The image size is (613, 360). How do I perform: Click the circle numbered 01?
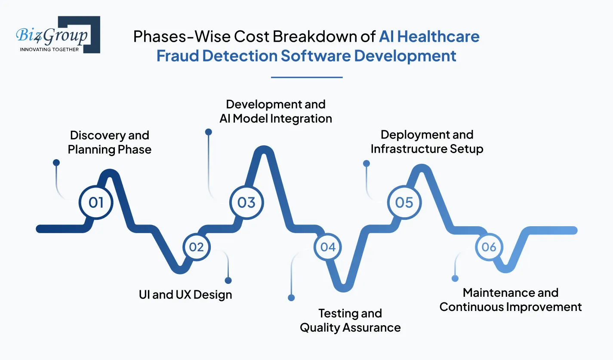click(x=96, y=202)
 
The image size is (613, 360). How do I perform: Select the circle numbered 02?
click(x=196, y=247)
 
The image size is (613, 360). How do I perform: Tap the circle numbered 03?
click(x=246, y=202)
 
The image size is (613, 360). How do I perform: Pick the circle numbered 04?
click(x=328, y=247)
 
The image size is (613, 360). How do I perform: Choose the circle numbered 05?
click(x=404, y=202)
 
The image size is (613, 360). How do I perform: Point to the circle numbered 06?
click(x=489, y=247)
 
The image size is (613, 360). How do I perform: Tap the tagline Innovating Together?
click(x=49, y=49)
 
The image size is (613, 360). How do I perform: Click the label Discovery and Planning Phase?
click(x=110, y=142)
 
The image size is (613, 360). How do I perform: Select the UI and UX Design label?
click(x=185, y=295)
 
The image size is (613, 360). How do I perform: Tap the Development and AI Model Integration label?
click(x=276, y=111)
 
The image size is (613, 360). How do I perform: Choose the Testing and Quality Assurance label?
click(x=350, y=320)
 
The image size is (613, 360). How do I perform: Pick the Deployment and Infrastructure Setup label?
click(x=427, y=142)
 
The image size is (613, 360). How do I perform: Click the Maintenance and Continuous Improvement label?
click(x=511, y=300)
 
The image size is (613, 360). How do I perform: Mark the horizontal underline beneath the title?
click(x=307, y=77)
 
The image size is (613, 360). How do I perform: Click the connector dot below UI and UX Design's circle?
click(x=228, y=280)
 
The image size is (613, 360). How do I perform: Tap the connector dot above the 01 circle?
click(x=56, y=162)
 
